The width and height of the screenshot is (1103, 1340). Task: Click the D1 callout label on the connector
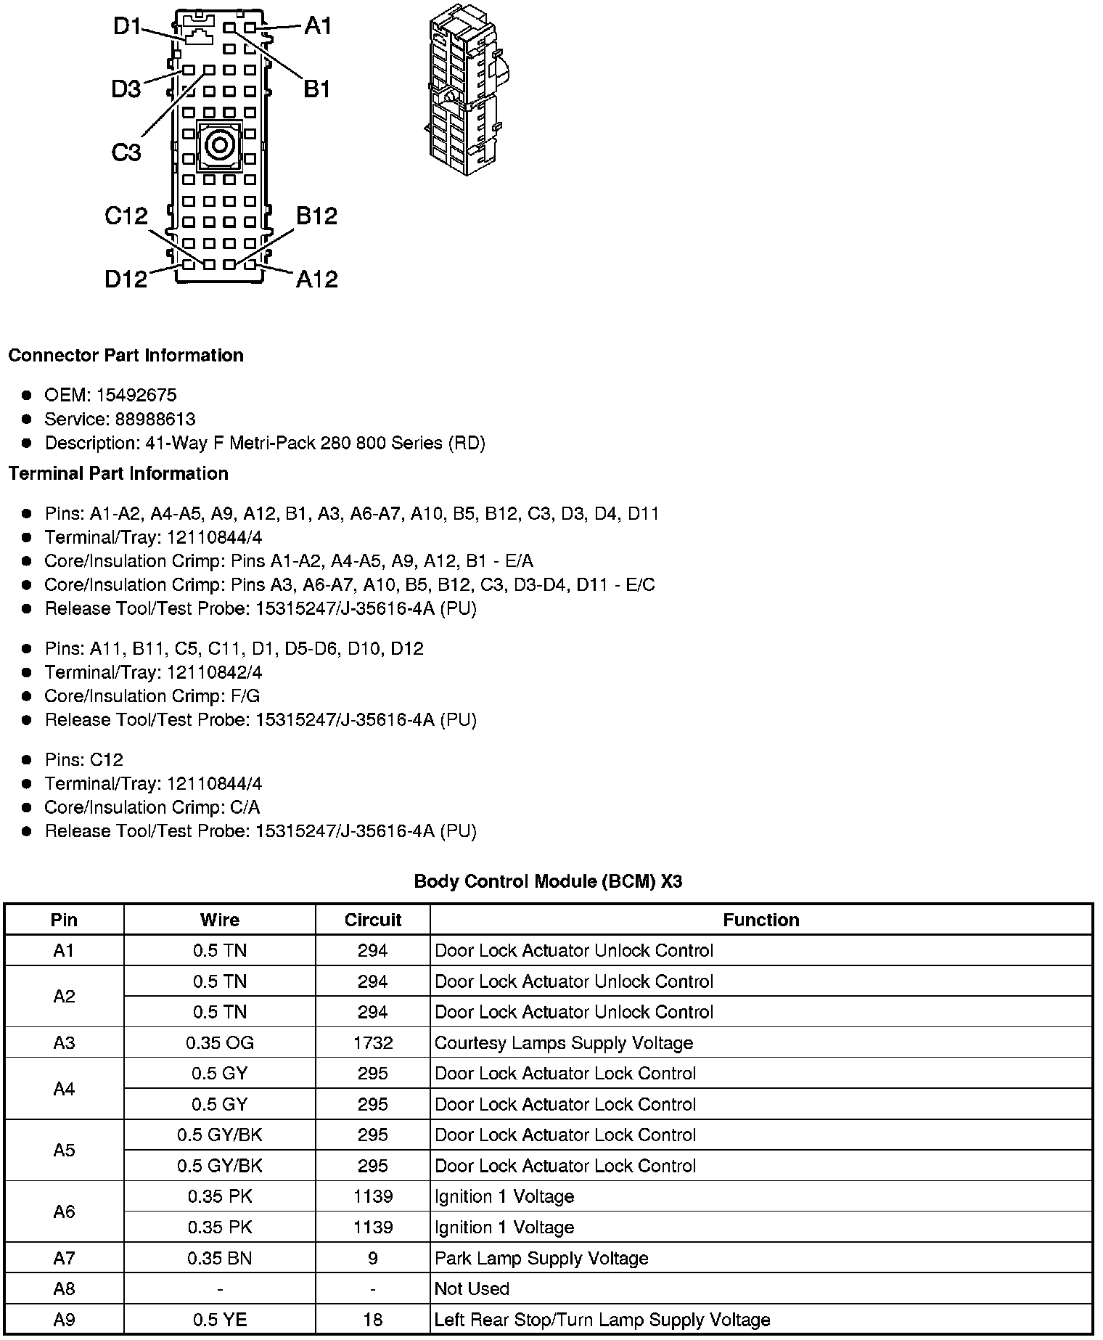pos(128,27)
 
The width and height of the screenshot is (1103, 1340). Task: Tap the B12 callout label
pos(316,216)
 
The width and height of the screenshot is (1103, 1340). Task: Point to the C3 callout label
pos(126,152)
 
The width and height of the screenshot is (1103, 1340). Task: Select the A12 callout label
pos(316,279)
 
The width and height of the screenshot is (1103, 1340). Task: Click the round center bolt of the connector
pos(218,146)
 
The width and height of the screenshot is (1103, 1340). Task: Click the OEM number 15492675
pos(136,395)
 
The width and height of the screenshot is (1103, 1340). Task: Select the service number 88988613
pos(155,419)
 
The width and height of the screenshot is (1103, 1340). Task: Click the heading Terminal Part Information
pos(118,473)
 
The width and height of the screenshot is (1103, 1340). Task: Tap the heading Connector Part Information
pos(126,355)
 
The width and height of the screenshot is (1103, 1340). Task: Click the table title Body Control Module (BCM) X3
pos(548,881)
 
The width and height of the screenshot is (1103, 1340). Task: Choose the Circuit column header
pos(373,920)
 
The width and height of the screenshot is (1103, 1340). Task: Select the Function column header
pos(760,920)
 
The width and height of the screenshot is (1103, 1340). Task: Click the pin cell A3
pos(64,1042)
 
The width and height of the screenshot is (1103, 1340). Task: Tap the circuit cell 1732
pos(373,1042)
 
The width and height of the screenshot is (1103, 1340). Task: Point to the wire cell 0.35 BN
pos(219,1258)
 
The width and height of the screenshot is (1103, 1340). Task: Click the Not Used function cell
pos(472,1288)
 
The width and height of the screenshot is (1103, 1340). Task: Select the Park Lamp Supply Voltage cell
pos(541,1258)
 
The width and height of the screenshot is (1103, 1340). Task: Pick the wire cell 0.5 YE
pos(219,1320)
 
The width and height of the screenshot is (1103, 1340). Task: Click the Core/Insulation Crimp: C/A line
pos(152,807)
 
